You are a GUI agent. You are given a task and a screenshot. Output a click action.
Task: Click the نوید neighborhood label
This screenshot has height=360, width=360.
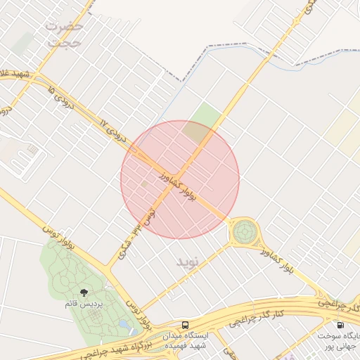click(x=188, y=262)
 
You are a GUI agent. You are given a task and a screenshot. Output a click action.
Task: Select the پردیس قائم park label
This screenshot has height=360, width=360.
click(x=84, y=304)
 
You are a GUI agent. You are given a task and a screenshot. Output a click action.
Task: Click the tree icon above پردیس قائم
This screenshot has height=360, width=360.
click(x=84, y=292)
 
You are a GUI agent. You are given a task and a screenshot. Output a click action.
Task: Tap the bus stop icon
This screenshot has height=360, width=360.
click(x=185, y=326)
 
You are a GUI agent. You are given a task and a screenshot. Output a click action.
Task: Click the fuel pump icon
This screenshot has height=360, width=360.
click(x=340, y=326)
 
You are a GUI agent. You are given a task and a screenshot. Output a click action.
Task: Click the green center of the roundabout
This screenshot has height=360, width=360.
click(x=245, y=230)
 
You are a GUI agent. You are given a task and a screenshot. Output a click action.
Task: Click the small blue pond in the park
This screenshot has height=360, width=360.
click(x=124, y=325)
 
